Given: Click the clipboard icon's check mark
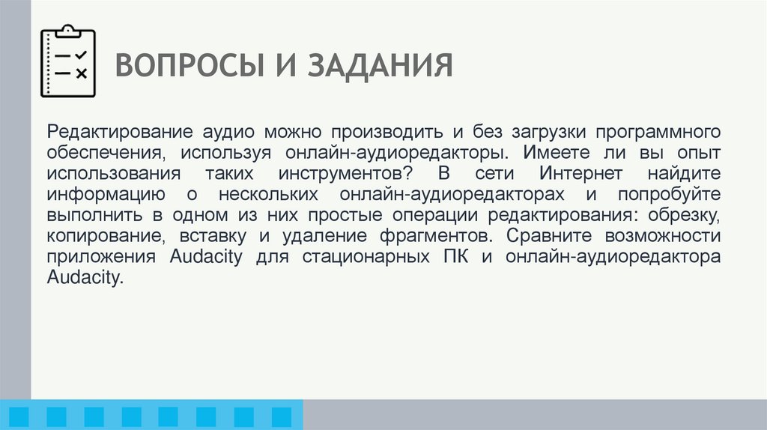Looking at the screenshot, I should click(x=82, y=55).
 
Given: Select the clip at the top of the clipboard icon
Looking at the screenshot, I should click(x=68, y=30).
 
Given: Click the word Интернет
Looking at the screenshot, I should click(x=582, y=174).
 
